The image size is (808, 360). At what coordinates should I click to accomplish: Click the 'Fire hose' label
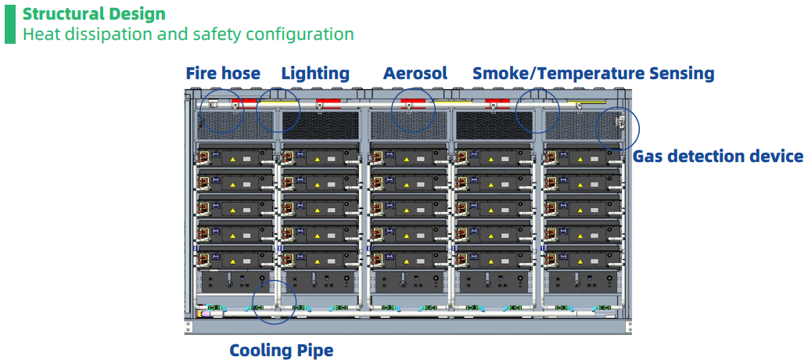(x=223, y=74)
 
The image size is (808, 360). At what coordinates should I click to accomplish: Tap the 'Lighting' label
(x=315, y=74)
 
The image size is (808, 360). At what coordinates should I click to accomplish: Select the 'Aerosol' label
(x=415, y=74)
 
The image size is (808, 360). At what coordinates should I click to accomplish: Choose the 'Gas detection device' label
(x=717, y=157)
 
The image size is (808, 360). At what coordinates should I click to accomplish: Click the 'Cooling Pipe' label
(x=281, y=350)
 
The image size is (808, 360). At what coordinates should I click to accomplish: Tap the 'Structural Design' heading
(x=94, y=14)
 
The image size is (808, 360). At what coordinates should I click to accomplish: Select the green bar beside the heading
(x=9, y=23)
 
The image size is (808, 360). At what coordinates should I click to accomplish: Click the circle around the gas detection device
(x=617, y=127)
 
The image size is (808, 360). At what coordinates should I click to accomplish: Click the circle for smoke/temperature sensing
(x=538, y=110)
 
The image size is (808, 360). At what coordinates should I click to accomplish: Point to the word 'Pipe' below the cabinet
(x=314, y=350)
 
